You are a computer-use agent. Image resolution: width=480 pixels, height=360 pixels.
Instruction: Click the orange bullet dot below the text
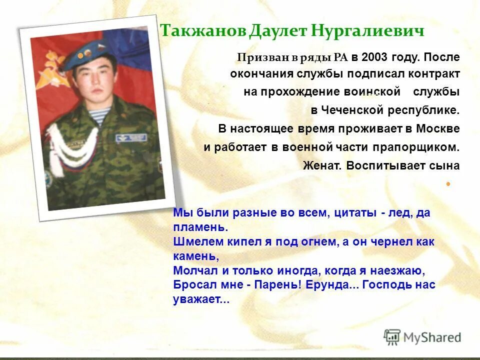click(x=448, y=184)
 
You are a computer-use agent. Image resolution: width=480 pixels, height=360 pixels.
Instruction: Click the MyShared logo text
click(x=432, y=337)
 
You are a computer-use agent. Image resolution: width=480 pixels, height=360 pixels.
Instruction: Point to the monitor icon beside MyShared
click(x=392, y=337)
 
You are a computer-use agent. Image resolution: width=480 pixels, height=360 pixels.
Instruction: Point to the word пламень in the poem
click(x=198, y=227)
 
